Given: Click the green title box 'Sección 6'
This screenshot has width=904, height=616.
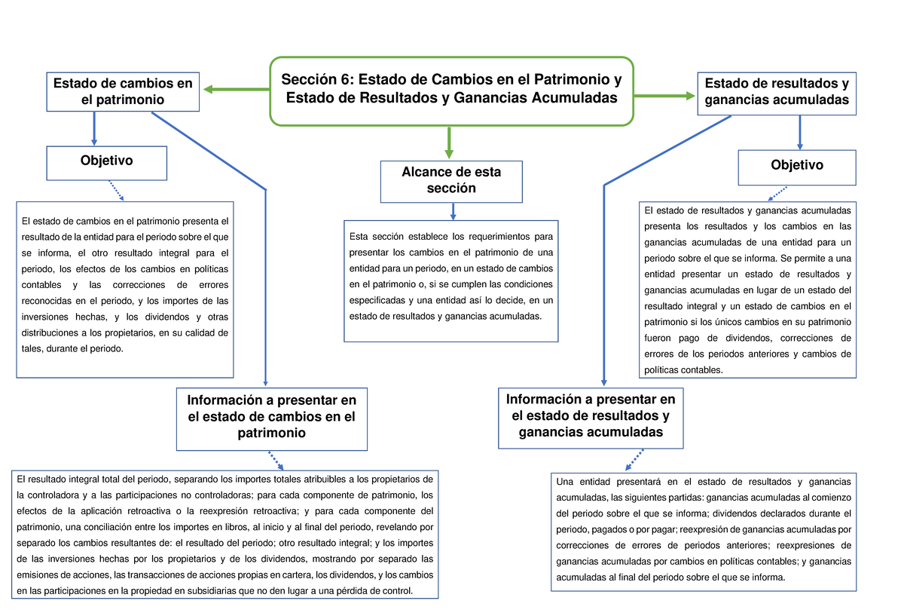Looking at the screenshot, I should pos(451,90).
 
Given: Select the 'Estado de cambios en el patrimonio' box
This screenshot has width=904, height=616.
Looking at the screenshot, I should pos(123,91).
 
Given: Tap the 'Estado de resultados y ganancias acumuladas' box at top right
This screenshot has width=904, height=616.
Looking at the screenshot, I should pos(777,91).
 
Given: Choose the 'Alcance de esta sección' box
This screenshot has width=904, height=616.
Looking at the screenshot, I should pos(451,182).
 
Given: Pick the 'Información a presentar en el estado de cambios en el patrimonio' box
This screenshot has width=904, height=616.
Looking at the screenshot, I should pos(272,415).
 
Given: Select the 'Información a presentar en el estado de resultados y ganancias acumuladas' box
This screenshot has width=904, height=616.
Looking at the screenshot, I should pos(591,415).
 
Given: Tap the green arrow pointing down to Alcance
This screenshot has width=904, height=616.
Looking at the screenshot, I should pos(449,143).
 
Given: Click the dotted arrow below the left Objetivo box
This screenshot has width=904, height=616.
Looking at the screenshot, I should pos(116,191).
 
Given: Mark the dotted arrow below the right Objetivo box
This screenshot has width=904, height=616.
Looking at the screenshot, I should pos(778,194).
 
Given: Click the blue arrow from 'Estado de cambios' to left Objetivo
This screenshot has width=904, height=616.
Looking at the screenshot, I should pos(94,129).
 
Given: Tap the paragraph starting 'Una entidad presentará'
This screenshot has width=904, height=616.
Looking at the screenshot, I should pos(704,530).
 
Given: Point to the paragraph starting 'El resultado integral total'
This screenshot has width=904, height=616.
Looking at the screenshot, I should pos(225,535).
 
